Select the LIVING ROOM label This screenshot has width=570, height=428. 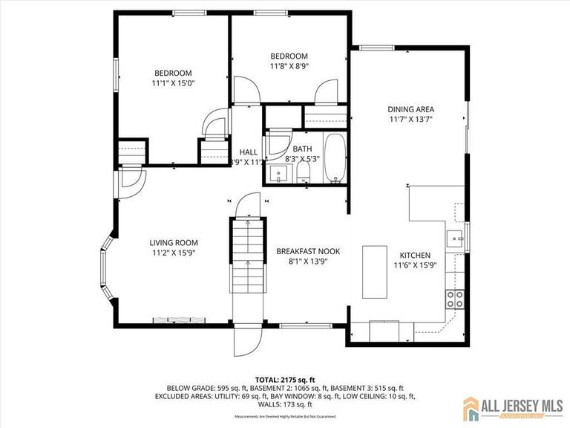click(x=174, y=242)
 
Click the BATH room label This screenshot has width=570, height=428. click(x=301, y=149)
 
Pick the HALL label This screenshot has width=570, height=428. click(x=248, y=152)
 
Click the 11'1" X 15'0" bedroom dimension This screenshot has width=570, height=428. click(x=173, y=84)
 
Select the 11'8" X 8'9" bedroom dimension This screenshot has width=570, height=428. click(x=289, y=66)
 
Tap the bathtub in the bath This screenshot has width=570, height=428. click(x=335, y=158)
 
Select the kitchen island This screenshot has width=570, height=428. click(x=375, y=271)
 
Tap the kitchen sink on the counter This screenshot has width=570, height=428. click(x=454, y=239)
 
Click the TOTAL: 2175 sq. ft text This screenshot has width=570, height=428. click(x=285, y=378)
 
